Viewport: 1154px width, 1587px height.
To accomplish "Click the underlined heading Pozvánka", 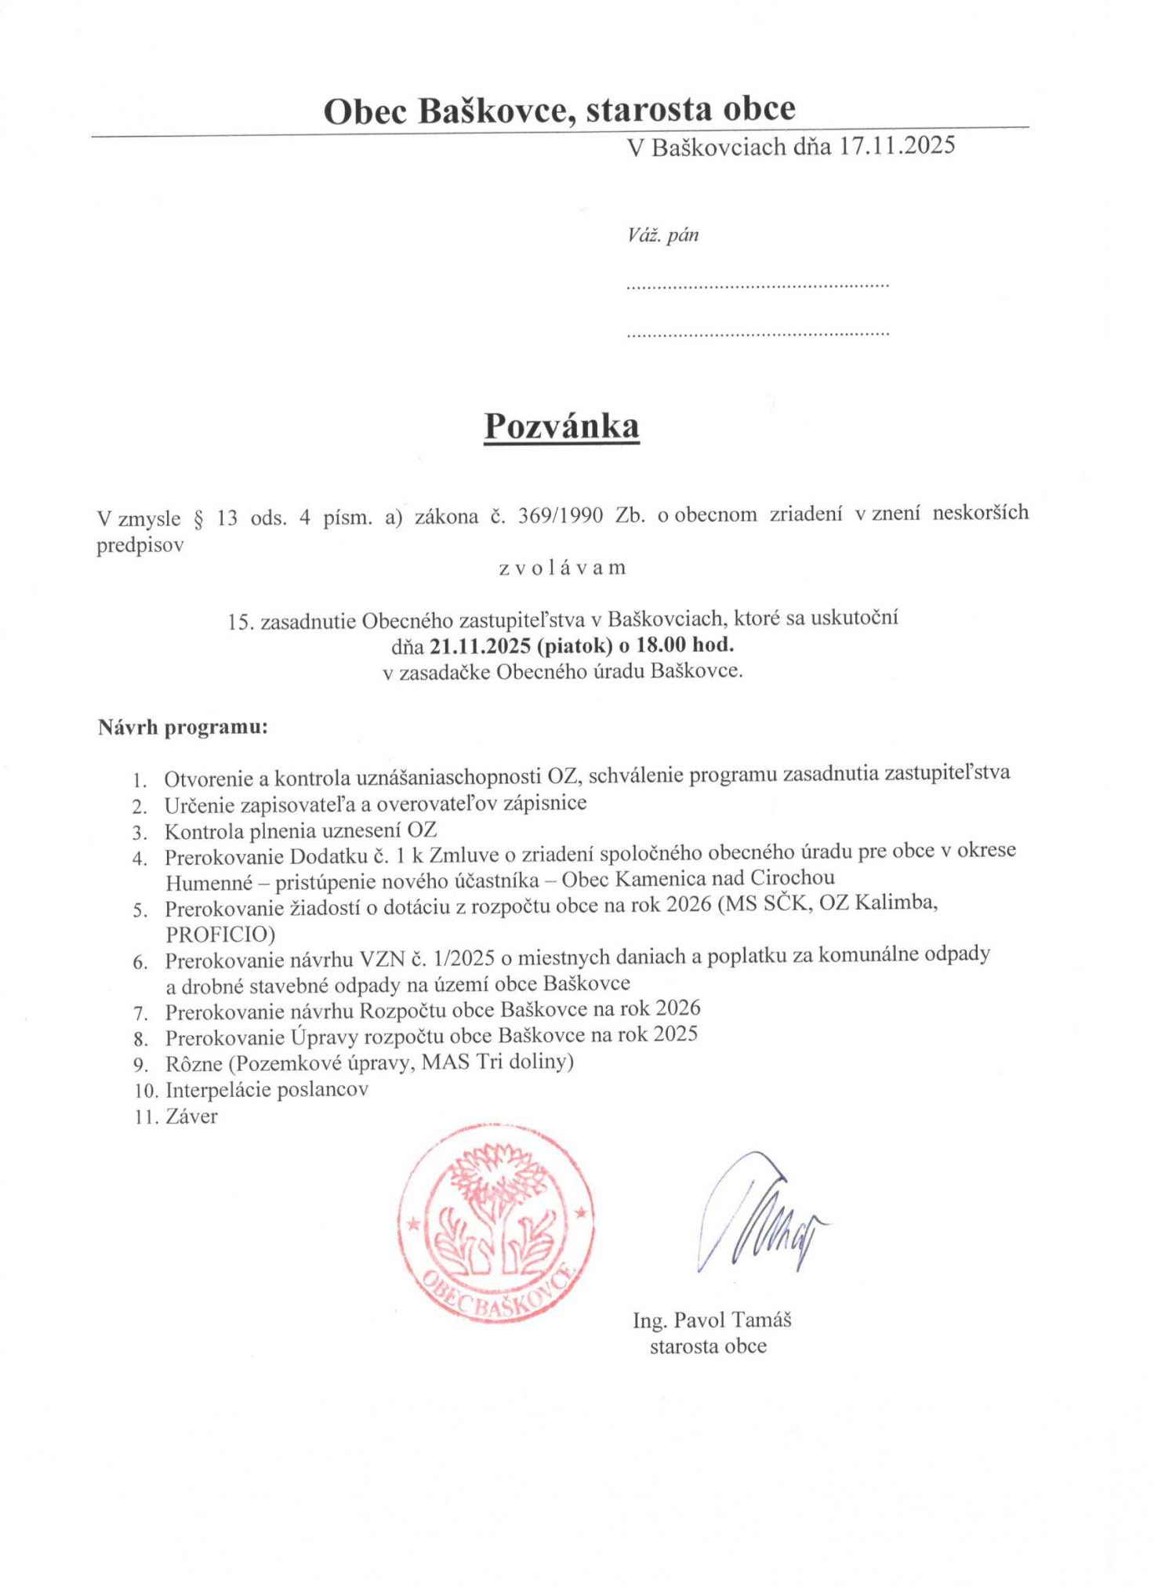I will [561, 427].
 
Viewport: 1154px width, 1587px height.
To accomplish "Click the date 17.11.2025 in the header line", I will [897, 146].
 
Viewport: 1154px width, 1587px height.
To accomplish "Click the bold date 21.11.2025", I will [468, 645].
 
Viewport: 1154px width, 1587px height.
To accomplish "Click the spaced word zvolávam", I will [562, 568].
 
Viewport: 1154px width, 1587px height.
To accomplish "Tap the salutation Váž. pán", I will [662, 235].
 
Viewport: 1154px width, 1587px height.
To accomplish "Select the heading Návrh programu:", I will [183, 727].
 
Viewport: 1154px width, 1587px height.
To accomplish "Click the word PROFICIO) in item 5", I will [220, 934].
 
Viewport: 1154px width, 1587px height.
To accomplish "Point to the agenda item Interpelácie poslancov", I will [267, 1089].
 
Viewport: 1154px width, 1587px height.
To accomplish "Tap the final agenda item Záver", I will [191, 1116].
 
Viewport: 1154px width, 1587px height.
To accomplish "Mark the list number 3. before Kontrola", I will [140, 833].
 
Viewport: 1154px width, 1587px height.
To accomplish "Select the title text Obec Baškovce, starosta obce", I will [559, 110].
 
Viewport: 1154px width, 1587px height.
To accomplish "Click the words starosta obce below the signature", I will [708, 1346].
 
